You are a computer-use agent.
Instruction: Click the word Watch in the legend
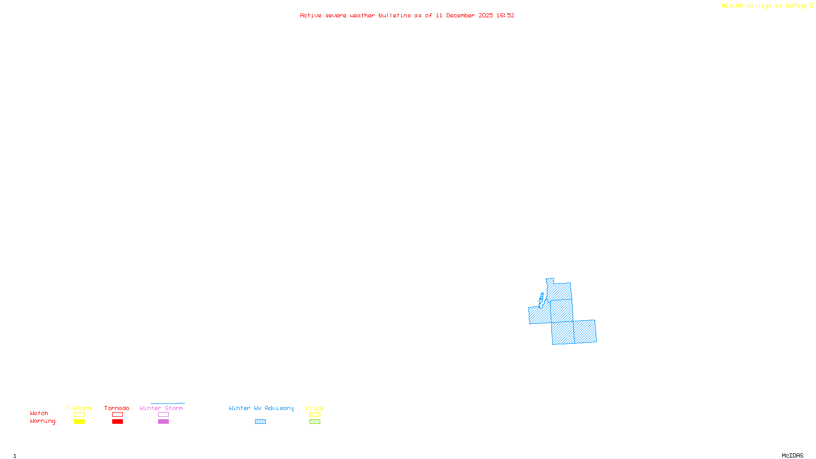39,413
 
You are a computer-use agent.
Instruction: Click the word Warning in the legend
42,421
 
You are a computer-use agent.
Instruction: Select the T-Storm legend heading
79,408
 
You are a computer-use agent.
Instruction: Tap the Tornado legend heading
117,408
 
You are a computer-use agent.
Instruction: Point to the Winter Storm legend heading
161,408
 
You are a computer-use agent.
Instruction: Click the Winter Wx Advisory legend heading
261,408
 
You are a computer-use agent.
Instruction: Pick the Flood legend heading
315,408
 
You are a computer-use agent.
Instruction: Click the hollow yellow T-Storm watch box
79,415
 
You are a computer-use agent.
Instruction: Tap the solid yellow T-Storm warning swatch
79,422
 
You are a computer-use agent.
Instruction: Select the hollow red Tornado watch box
117,415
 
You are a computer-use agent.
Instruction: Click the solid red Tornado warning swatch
117,422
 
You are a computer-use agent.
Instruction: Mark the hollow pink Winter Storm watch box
163,415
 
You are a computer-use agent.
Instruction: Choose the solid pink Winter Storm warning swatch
163,422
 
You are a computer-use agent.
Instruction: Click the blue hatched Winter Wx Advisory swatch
260,422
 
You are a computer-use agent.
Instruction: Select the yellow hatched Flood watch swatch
315,415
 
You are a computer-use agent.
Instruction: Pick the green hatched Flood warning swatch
315,422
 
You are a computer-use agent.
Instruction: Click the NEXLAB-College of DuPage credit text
767,6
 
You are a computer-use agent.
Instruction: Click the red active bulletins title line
407,16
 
